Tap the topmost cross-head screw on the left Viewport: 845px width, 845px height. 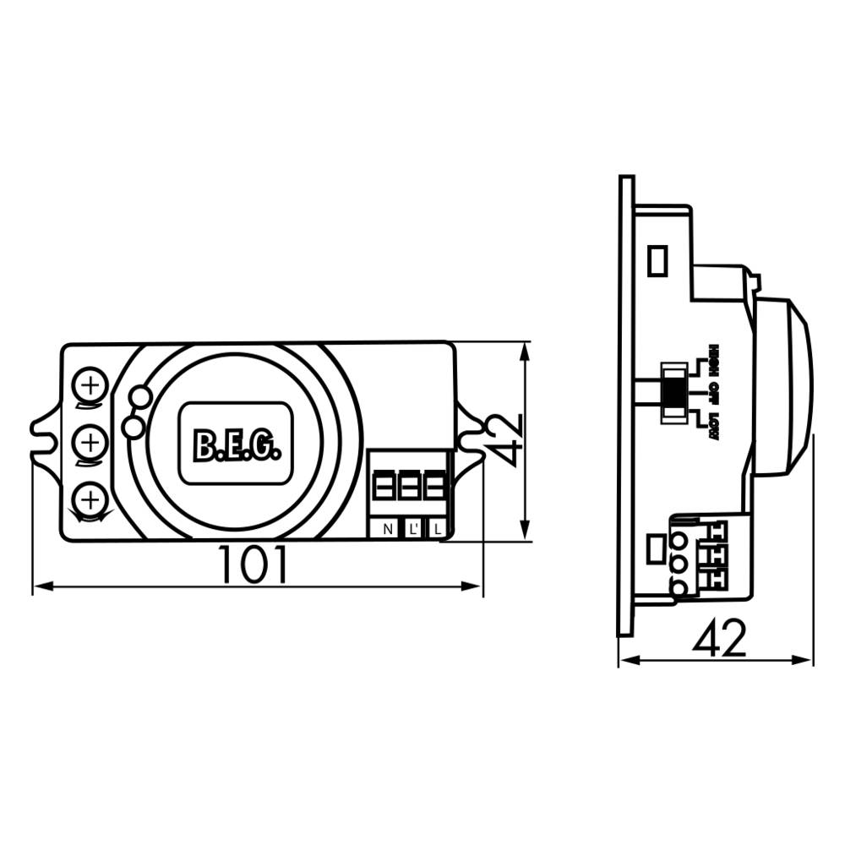(89, 387)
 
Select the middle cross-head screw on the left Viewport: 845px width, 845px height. (89, 441)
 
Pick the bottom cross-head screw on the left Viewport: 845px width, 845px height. (89, 498)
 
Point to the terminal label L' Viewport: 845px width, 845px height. (412, 530)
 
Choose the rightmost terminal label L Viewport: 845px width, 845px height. (436, 530)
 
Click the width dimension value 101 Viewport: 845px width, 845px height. (253, 565)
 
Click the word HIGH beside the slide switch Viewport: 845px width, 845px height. (714, 358)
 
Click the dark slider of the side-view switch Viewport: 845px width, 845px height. (673, 391)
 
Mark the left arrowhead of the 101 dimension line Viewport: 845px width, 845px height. (39, 586)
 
